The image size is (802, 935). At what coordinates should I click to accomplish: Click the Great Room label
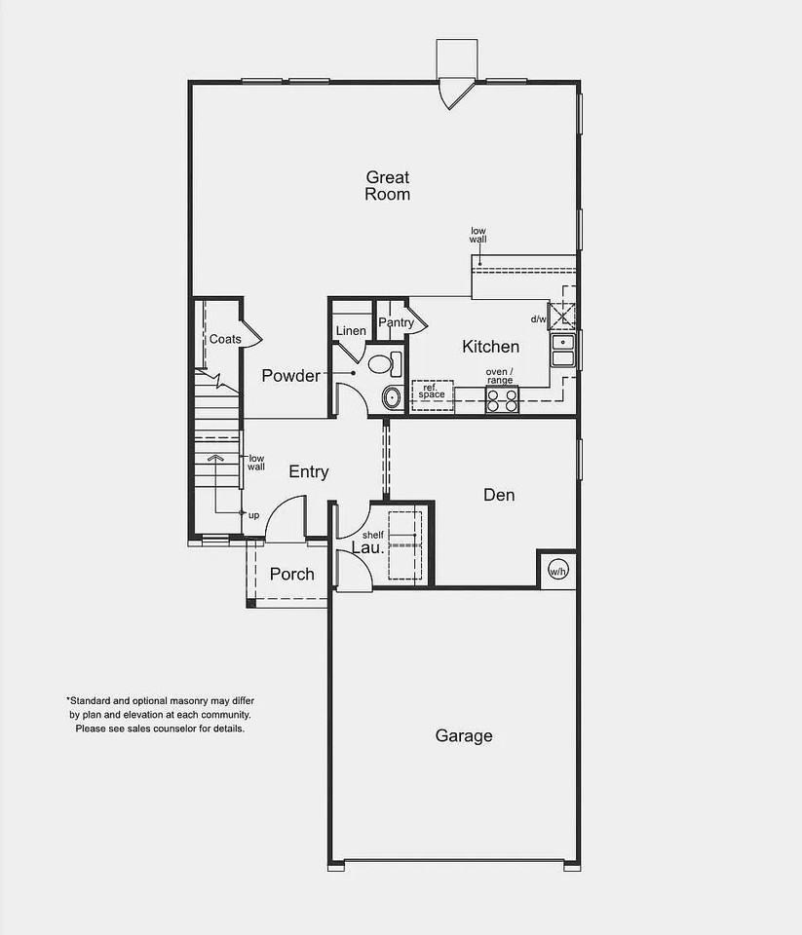tap(387, 185)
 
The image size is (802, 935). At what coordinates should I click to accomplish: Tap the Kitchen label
tap(490, 347)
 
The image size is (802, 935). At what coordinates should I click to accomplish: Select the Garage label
tap(463, 736)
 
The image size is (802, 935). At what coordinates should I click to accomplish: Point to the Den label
tap(499, 495)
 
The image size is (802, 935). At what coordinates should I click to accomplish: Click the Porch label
tap(291, 574)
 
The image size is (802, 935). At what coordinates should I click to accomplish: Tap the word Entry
tap(309, 471)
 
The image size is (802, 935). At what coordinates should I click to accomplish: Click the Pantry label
tap(397, 322)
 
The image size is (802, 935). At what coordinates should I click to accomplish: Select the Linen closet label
tap(351, 331)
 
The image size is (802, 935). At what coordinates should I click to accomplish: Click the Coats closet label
tap(225, 339)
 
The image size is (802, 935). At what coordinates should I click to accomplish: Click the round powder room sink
tap(392, 396)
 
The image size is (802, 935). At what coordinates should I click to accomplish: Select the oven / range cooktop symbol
tap(502, 400)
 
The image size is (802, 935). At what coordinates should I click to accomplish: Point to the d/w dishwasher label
tap(538, 319)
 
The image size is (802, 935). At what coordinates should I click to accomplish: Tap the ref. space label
tap(432, 392)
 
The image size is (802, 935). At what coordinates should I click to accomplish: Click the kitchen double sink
tap(563, 351)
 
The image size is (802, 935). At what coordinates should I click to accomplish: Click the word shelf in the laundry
tap(372, 536)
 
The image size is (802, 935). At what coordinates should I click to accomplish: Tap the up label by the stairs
tap(253, 514)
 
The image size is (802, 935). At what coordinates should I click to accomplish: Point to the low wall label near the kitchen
tap(477, 235)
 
